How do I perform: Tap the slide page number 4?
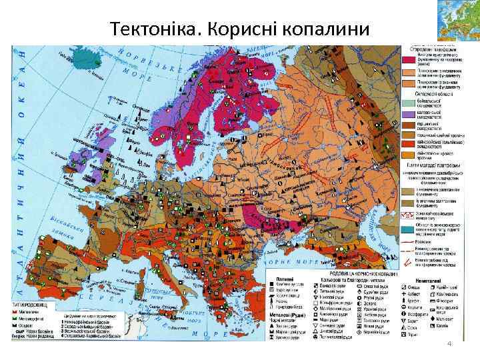[x=451, y=343]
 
